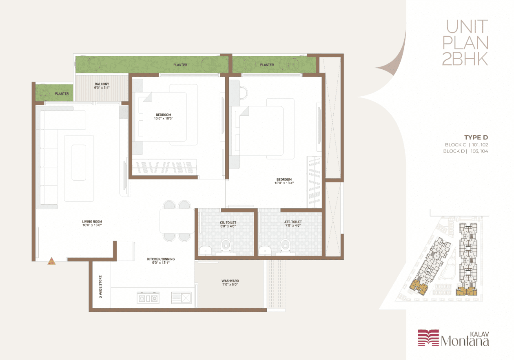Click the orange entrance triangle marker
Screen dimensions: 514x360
[x=51, y=261]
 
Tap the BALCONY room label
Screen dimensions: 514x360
[x=102, y=84]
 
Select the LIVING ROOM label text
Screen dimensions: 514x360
[x=92, y=221]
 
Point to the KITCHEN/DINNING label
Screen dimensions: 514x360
[x=161, y=259]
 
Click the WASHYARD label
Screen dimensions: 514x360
[x=230, y=281]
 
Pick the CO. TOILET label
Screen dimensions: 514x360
[x=228, y=223]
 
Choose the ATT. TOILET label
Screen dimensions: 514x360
[x=293, y=222]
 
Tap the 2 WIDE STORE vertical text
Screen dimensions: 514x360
[x=100, y=287]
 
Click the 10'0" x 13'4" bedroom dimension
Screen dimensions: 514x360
[x=284, y=183]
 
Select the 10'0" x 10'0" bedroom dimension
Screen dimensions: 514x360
[x=163, y=118]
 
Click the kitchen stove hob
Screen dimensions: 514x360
[x=148, y=298]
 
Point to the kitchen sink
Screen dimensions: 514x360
[x=181, y=298]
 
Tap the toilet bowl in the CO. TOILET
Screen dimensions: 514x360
[x=226, y=246]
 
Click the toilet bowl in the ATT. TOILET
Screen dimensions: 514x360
[x=285, y=246]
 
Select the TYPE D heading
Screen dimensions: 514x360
[x=476, y=137]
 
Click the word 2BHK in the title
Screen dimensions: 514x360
[x=465, y=59]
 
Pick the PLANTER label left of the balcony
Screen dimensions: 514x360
[x=62, y=93]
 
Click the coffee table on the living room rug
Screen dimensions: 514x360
[x=79, y=163]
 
